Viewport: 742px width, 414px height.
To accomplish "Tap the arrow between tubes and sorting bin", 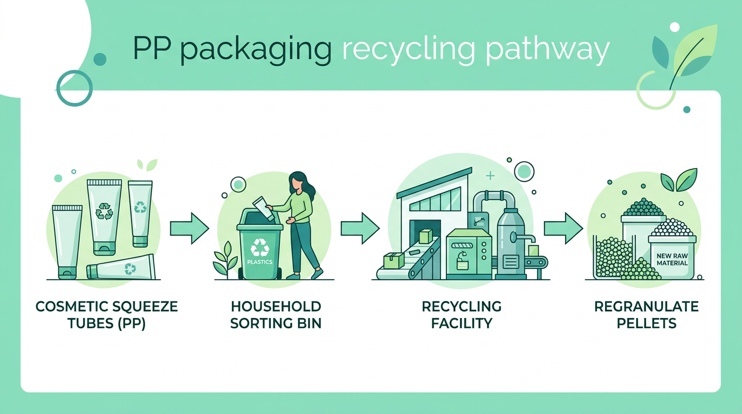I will tap(189, 229).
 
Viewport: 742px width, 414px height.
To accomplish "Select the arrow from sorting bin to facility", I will tap(360, 229).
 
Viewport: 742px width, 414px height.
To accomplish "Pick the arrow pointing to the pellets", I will tap(563, 229).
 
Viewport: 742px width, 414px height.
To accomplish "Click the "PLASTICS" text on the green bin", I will tap(260, 262).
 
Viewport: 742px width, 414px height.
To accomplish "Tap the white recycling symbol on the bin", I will tap(260, 247).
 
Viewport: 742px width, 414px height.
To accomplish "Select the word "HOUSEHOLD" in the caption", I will tap(276, 307).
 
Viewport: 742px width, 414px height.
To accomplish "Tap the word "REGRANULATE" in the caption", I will tap(646, 307).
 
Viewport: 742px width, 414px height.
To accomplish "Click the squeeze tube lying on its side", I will tap(121, 267).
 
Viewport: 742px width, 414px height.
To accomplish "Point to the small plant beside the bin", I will tap(225, 260).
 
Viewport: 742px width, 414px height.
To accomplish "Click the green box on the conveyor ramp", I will tap(425, 236).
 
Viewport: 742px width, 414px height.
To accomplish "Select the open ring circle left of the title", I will tap(74, 88).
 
